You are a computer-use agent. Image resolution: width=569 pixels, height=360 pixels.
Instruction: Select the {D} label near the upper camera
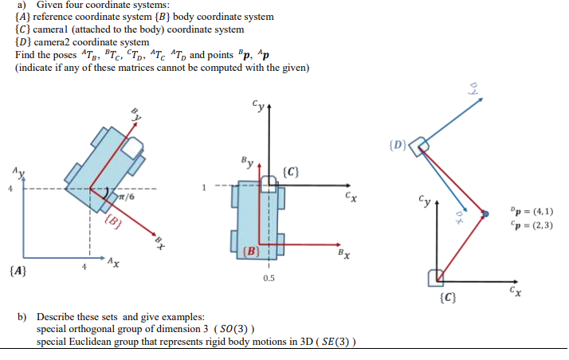click(398, 145)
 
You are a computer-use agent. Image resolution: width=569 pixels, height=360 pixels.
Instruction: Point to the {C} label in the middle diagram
click(292, 171)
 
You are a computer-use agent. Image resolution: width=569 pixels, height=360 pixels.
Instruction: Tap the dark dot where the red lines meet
click(485, 214)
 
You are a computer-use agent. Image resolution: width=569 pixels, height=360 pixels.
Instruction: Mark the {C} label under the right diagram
click(447, 299)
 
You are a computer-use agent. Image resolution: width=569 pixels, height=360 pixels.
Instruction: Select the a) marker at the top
click(21, 5)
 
